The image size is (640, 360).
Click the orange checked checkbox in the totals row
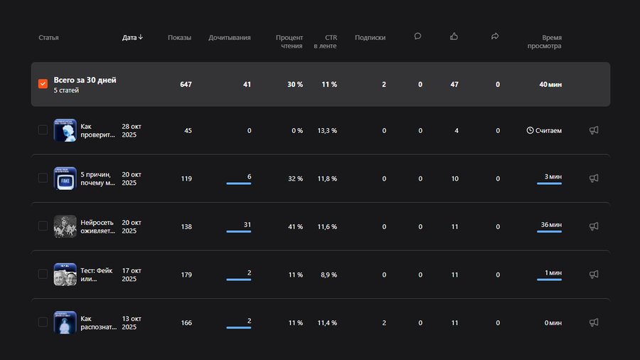(43, 84)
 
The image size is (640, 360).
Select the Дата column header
(132, 38)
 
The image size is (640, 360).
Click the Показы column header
(179, 38)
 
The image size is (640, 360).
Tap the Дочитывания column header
(229, 38)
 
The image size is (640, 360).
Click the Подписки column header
(370, 38)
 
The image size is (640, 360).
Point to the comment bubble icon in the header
(417, 36)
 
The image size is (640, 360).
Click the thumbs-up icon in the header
(454, 36)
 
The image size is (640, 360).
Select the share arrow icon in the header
(495, 36)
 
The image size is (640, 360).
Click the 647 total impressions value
(186, 85)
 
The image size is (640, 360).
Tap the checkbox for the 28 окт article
(43, 130)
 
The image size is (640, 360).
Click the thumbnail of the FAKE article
(65, 179)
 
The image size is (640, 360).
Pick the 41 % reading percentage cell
(295, 227)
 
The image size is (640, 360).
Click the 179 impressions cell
(186, 275)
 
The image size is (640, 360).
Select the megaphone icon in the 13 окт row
(594, 322)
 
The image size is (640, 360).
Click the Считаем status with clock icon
(544, 131)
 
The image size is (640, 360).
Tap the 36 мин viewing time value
(550, 225)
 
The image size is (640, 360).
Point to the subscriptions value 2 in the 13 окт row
(384, 322)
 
